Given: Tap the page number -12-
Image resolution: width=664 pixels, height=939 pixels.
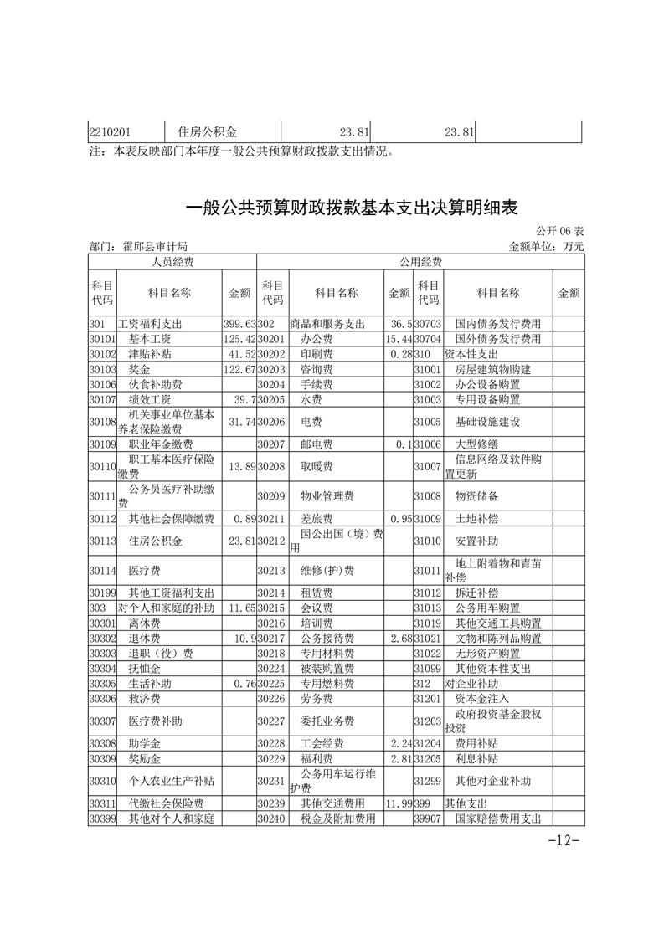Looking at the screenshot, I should tap(563, 840).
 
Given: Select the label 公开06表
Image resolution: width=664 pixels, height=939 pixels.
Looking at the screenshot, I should tap(560, 231).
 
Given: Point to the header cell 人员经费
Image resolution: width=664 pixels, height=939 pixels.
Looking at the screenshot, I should tap(172, 262).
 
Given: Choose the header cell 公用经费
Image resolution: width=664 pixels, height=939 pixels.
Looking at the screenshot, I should tap(420, 262).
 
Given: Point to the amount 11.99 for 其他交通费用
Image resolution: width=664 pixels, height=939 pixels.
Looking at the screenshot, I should tap(398, 804).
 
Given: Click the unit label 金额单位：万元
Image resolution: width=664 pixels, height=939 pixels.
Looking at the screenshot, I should tap(546, 247).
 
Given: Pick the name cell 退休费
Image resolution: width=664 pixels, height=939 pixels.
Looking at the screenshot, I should tap(145, 638).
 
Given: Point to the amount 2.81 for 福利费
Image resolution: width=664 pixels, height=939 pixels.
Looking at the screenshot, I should tap(398, 759).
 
